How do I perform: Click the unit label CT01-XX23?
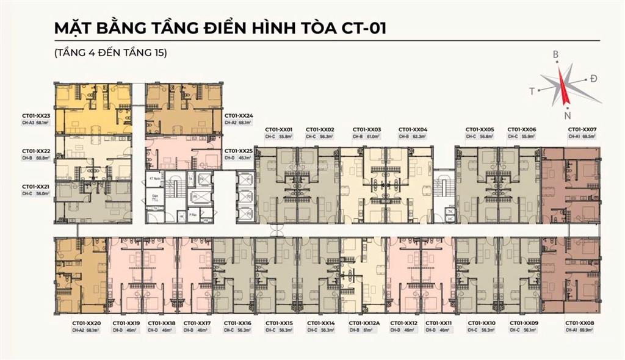pos(35,115)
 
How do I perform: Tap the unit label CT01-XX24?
pos(239,115)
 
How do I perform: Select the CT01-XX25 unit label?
pos(239,150)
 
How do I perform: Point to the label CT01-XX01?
pos(279,130)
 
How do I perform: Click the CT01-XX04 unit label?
pos(413,130)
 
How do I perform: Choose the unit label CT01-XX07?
pos(582,130)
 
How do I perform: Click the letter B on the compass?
pos(555,55)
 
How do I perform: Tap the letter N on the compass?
pos(568,116)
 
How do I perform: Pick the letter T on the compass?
pos(532,91)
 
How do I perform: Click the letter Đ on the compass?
pos(593,79)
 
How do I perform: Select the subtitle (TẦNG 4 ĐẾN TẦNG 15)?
pos(110,53)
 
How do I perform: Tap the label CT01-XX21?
pos(35,186)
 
